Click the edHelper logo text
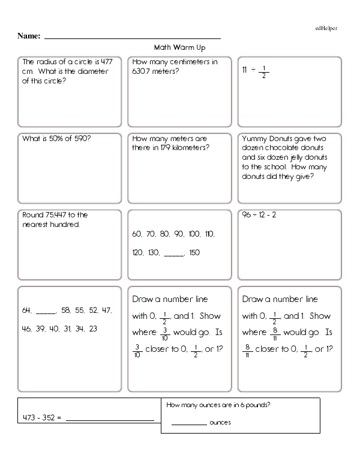[x=325, y=28]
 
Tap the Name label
[x=29, y=36]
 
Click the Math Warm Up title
[x=180, y=47]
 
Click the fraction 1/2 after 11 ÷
[x=264, y=71]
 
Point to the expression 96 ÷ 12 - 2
[x=259, y=215]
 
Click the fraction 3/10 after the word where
[x=166, y=333]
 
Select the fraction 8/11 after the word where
[x=275, y=333]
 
